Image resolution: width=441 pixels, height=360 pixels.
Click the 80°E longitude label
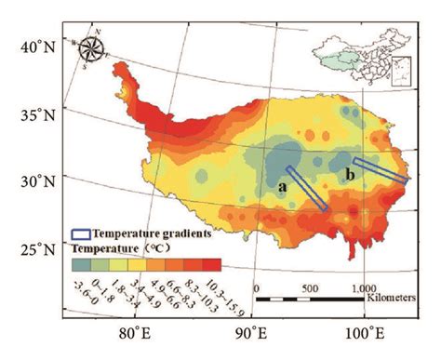coord(135,332)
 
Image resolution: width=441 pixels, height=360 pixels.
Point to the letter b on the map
coord(350,174)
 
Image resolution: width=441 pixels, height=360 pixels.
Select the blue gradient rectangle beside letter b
coord(379,169)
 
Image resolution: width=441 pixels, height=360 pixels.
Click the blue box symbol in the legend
coord(81,235)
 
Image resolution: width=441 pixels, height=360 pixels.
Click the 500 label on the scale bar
coord(311,288)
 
